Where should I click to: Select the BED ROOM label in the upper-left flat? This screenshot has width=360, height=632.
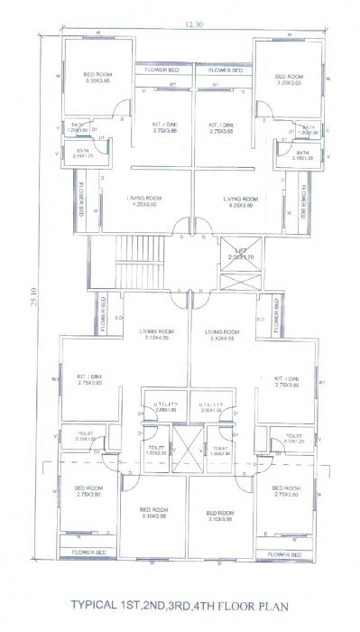tap(97, 76)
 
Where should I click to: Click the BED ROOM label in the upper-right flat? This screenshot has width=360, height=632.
tap(289, 76)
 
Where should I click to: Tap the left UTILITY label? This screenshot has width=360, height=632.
tap(165, 404)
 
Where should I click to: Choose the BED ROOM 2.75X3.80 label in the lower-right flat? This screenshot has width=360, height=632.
tap(285, 490)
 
